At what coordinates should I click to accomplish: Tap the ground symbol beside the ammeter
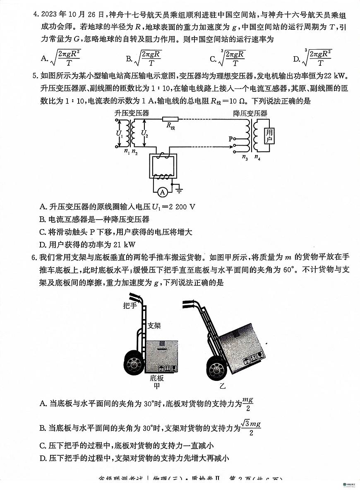pyautogui.click(x=180, y=190)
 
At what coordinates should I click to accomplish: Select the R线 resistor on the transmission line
pyautogui.click(x=170, y=119)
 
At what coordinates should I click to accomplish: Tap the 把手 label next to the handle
pyautogui.click(x=130, y=306)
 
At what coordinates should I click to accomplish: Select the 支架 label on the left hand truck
pyautogui.click(x=154, y=325)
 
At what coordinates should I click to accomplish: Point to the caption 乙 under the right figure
pyautogui.click(x=223, y=386)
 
